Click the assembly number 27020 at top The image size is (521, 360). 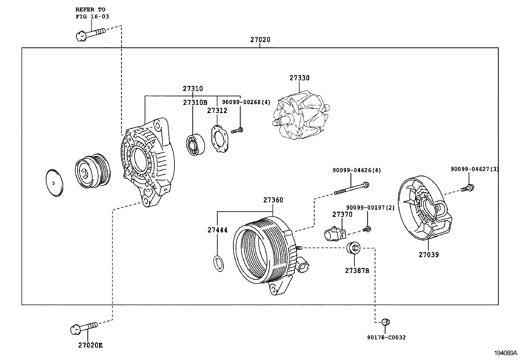(260, 40)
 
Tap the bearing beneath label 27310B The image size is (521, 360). (195, 144)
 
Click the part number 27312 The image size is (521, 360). (217, 111)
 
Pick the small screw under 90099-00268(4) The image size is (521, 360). (237, 131)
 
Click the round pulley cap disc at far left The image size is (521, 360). (54, 183)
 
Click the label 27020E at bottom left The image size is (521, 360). (90, 345)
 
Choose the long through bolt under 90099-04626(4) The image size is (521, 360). (351, 189)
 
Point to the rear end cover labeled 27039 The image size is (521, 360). (424, 210)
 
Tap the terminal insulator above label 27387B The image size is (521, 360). (353, 248)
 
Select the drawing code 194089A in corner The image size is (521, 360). (505, 353)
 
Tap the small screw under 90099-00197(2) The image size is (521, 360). (367, 229)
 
